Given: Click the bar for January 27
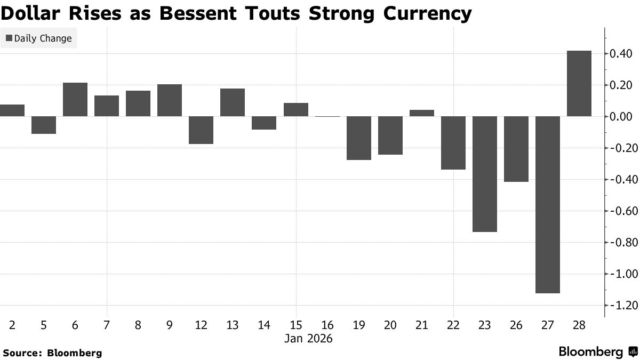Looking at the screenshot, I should point(548,205).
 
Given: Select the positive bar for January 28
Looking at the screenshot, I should point(579,84).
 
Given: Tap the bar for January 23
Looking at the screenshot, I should point(485,174).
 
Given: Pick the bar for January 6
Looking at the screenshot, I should point(75,100).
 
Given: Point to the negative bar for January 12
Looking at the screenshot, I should point(201,130).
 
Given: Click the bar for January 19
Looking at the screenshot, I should point(359,138).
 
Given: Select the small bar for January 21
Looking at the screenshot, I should point(422,113).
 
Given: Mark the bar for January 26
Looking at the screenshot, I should point(516,149).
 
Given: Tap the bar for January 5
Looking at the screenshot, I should point(44,125).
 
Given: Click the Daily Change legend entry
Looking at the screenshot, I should point(38,38).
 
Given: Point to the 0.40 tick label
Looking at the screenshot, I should point(621,54).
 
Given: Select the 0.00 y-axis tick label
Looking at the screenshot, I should point(621,117).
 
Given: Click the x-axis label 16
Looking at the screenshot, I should point(327,325).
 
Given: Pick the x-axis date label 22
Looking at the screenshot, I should point(453,325).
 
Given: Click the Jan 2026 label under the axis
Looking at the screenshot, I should point(308,339).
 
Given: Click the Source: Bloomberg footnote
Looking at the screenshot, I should point(52,353).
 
